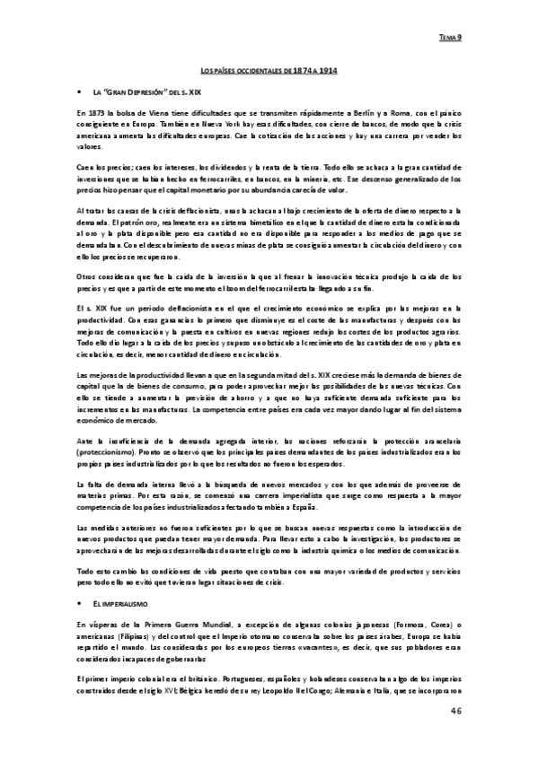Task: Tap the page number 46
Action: coord(455,712)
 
